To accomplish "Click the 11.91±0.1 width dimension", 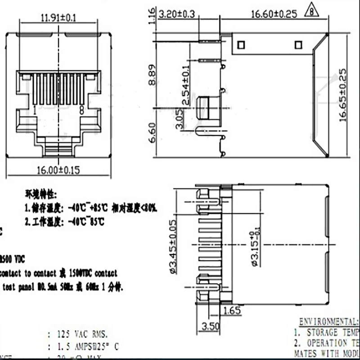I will (58, 18).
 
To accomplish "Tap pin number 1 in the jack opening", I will (35, 109).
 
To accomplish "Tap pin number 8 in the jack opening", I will (81, 109).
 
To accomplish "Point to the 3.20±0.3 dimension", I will (178, 14).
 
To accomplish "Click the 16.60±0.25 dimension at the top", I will (274, 14).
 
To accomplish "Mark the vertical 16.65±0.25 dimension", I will (344, 95).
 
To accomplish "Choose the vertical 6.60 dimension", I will (153, 133).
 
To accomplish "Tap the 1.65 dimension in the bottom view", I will (232, 310).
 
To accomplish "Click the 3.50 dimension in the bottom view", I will (210, 325).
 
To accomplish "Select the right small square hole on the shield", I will (297, 45).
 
